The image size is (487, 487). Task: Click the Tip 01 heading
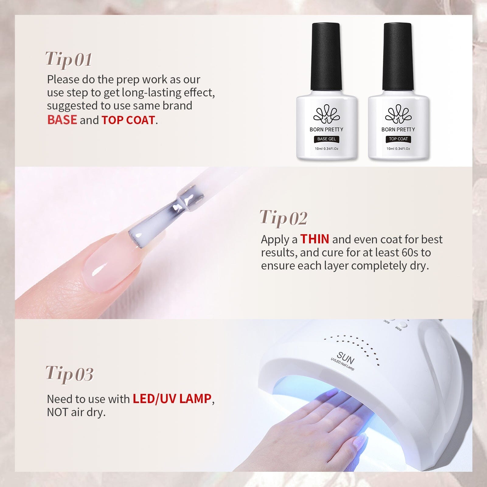point(69,59)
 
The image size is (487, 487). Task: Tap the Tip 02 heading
point(283,218)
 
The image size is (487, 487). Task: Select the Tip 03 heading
point(69,374)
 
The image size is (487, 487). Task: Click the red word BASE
point(62,120)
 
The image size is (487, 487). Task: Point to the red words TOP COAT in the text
point(128,120)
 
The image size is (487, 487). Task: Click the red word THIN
point(315,239)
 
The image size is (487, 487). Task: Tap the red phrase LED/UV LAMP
point(172,398)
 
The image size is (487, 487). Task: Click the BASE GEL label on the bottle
point(326,139)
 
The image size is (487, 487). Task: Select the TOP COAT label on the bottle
point(398,139)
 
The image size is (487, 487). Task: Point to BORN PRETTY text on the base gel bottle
point(326,129)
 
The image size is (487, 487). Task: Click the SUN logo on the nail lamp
point(346,358)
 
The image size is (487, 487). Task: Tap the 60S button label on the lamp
point(398,329)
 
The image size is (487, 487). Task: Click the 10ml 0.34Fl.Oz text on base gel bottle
point(326,149)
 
